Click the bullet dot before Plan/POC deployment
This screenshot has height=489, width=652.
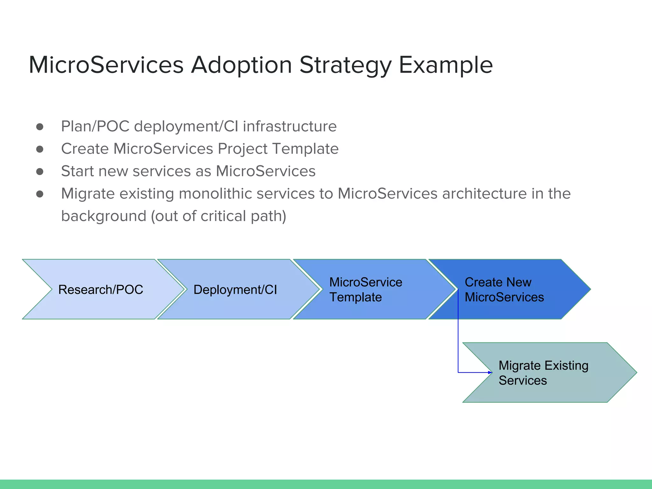(40, 127)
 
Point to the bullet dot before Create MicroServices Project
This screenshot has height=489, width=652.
(40, 149)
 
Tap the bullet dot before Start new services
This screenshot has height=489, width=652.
(40, 172)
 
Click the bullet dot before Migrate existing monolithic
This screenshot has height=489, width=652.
(40, 194)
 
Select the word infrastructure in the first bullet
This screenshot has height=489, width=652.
(290, 126)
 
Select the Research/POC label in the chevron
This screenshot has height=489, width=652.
(101, 290)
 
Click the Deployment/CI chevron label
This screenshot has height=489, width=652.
(235, 290)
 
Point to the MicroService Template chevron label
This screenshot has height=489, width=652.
(366, 289)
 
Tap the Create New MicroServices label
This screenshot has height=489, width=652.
(504, 289)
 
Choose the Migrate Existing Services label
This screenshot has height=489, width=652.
(543, 373)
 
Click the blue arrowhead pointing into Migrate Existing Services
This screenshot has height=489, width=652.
(490, 372)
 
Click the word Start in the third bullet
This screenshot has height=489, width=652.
(77, 171)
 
